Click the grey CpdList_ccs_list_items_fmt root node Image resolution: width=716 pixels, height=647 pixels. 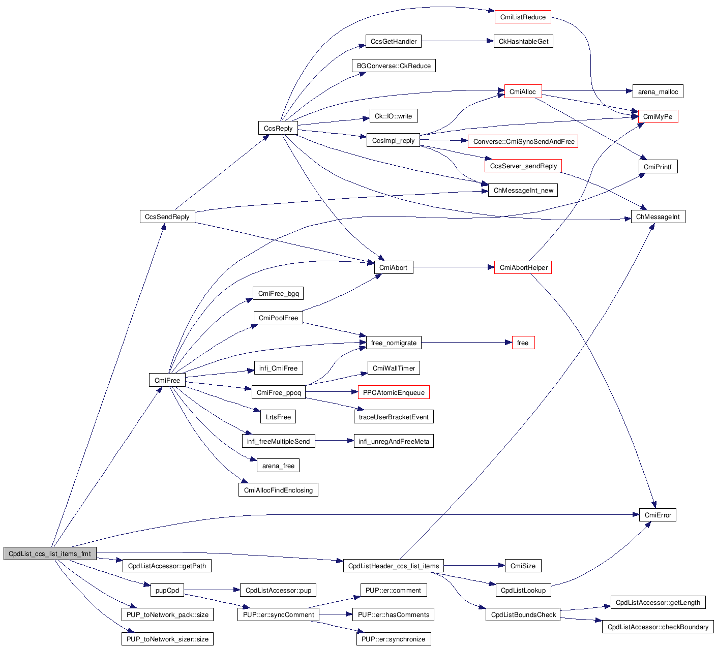[49, 553]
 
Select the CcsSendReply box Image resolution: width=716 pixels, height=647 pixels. [167, 217]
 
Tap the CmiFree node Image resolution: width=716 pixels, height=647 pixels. [167, 380]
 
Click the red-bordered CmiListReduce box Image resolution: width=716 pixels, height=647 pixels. [523, 17]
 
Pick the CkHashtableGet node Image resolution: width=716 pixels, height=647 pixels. [523, 41]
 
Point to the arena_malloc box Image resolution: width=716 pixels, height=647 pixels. [658, 91]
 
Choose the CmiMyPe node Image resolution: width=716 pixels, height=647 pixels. [658, 116]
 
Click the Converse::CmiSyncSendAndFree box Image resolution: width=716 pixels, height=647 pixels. [523, 141]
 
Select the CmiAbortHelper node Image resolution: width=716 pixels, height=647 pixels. [523, 267]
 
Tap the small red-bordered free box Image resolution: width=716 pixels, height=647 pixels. [523, 343]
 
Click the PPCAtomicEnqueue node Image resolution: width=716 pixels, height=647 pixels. [394, 392]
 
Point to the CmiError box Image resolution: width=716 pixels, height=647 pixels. [658, 515]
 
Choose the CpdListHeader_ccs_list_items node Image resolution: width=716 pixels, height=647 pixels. [394, 566]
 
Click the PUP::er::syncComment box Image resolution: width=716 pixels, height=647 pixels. [278, 614]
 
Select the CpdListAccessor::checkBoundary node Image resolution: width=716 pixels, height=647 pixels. [658, 627]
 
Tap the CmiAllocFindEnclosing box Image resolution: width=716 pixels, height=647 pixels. [278, 490]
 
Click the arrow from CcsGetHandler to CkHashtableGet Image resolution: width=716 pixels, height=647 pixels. [457, 41]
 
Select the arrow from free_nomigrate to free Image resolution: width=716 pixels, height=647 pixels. [463, 343]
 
